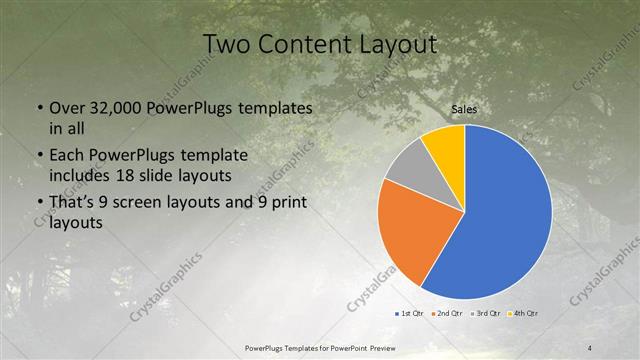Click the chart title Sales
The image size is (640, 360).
coord(463,108)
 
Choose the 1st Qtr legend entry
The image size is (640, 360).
coord(410,315)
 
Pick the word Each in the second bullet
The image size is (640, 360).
coord(69,157)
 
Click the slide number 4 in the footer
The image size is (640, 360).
coord(589,347)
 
